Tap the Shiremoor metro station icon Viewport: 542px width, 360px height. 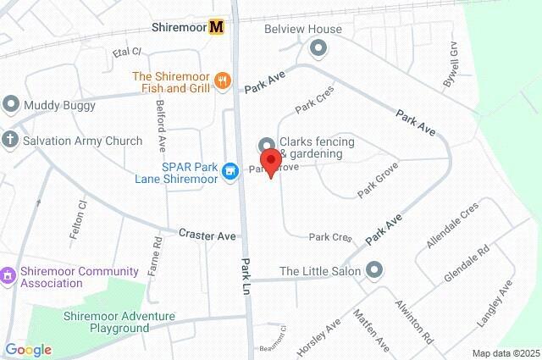tap(217, 27)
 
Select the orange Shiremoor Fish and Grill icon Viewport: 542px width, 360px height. tap(223, 80)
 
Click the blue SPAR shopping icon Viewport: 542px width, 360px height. tap(229, 172)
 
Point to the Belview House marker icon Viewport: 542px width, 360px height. tap(318, 47)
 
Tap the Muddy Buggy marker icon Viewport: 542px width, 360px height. tap(11, 105)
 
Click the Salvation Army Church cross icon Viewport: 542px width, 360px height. tap(10, 140)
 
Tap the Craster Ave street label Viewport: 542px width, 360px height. tap(207, 234)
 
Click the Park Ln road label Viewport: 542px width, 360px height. tap(246, 276)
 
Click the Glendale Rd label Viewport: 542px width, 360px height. tap(467, 264)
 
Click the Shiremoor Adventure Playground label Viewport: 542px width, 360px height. tap(119, 322)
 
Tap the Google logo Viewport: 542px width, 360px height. tap(27, 350)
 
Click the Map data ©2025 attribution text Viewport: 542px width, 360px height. tap(505, 353)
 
